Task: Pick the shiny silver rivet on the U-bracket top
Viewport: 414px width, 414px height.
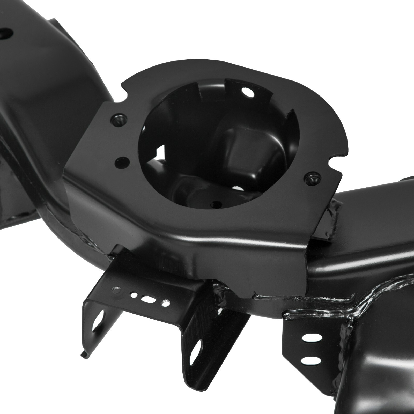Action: tap(115, 289)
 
